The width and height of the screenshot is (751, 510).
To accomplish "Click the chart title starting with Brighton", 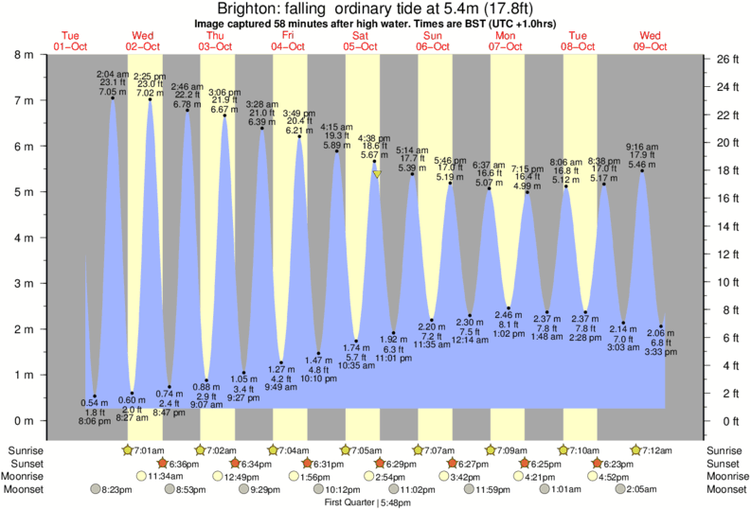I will [x=376, y=9].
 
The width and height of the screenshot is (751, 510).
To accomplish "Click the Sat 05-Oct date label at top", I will [x=361, y=40].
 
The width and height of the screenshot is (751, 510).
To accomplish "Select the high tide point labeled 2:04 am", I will [x=113, y=97].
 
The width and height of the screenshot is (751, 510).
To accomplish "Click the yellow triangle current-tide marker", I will [x=377, y=174].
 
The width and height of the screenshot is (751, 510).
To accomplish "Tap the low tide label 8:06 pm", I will [x=93, y=420].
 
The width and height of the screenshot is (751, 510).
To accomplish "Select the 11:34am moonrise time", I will [x=169, y=476].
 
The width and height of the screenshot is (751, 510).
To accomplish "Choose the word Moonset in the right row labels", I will [x=726, y=489].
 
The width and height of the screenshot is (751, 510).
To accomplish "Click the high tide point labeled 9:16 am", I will [x=641, y=171].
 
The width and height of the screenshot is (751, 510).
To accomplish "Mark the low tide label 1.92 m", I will [x=393, y=340].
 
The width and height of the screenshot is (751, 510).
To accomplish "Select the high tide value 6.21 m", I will [x=299, y=130].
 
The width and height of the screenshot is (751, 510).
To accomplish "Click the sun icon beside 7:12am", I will [x=635, y=449].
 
